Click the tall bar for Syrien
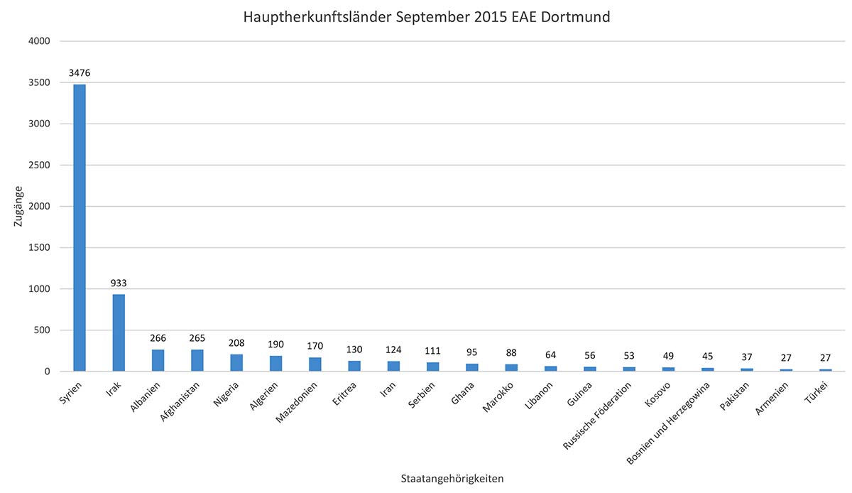(80, 227)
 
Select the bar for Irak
(119, 332)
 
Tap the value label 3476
(80, 72)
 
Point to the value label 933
(119, 283)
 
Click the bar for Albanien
(158, 360)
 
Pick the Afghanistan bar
(197, 360)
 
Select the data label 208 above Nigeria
(236, 342)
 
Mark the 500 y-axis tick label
(40, 330)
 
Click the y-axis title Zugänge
(19, 206)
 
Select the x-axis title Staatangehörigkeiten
(452, 479)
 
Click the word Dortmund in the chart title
(579, 16)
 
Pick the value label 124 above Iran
(393, 350)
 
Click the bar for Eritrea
(354, 366)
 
